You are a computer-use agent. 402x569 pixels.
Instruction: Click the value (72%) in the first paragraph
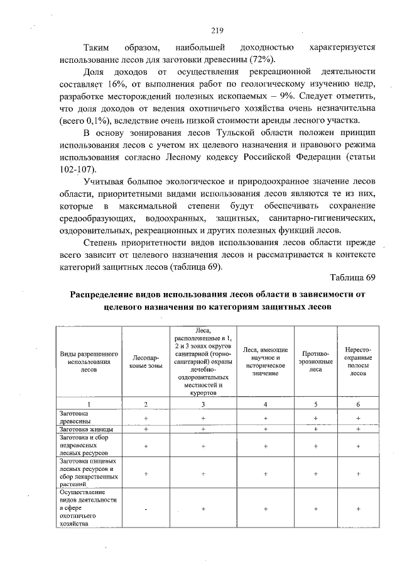pyautogui.click(x=262, y=60)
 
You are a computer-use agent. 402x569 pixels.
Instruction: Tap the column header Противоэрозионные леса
pyautogui.click(x=316, y=361)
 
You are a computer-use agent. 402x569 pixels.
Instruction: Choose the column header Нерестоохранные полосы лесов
pyautogui.click(x=357, y=361)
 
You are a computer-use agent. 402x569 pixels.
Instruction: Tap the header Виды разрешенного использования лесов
pyautogui.click(x=89, y=361)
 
